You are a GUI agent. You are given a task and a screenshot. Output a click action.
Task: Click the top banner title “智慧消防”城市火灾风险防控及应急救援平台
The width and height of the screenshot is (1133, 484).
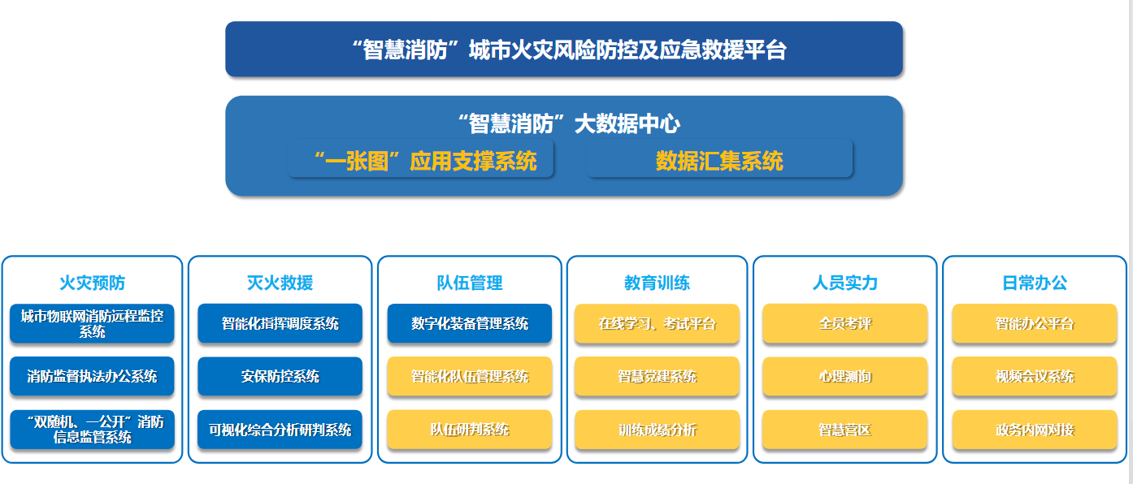coord(569,50)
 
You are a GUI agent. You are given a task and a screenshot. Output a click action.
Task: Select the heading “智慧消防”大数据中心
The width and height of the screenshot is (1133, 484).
coord(569,123)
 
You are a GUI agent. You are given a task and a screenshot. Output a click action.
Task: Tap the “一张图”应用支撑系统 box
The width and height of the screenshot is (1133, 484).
coord(420,160)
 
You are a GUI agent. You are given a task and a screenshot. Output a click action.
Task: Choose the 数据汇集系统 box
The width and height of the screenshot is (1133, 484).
coord(719,160)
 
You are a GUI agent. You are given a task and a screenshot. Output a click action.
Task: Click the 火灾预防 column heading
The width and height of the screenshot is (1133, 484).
coord(92,283)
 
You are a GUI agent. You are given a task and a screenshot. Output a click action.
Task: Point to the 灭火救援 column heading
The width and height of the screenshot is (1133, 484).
coord(280,283)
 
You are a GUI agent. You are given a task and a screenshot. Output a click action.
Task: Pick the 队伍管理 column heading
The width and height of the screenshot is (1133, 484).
coord(470,283)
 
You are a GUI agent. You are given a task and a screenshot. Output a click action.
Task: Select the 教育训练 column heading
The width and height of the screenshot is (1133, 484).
coord(657,283)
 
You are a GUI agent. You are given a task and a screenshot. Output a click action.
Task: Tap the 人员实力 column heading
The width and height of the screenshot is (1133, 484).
coord(845,283)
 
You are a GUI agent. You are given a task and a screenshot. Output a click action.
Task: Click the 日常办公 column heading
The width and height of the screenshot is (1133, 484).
coord(1035,283)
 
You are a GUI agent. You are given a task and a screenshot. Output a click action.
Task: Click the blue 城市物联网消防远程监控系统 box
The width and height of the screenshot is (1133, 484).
coord(92,323)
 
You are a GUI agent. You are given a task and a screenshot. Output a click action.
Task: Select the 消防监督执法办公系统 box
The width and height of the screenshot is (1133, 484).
coord(92,376)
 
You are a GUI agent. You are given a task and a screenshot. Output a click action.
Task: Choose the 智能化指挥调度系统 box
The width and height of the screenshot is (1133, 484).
coord(280,323)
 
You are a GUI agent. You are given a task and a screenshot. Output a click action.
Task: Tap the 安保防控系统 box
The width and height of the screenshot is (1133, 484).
coord(280,376)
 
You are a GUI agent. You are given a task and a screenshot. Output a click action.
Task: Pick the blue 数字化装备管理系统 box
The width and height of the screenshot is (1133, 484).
coord(470,323)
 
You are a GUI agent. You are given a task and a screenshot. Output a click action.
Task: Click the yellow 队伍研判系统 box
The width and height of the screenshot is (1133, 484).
coord(470,430)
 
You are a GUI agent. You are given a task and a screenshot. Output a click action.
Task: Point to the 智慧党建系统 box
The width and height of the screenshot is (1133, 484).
coord(657,376)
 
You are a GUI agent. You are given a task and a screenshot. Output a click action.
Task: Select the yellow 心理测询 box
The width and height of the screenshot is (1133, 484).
coord(845,376)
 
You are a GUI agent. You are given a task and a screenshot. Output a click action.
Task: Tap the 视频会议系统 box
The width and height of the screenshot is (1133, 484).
coord(1035,376)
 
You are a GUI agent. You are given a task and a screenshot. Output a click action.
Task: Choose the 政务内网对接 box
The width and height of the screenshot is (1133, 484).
coord(1035,430)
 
